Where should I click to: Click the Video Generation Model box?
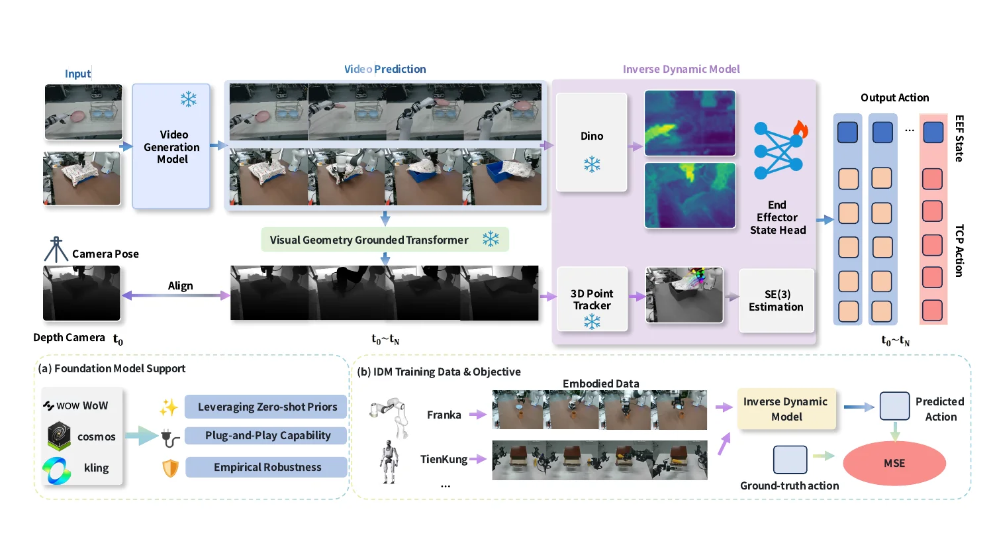[171, 146]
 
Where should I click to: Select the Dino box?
[592, 142]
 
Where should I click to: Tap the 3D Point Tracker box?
[592, 299]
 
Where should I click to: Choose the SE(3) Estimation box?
[776, 301]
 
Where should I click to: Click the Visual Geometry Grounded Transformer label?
[369, 240]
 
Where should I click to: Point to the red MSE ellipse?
[894, 463]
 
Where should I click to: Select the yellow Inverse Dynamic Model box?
[786, 409]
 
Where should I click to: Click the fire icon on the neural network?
[800, 128]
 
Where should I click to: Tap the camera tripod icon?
[56, 250]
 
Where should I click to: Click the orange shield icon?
[171, 468]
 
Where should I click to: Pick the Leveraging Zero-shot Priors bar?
[266, 407]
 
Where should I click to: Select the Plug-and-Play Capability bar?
[267, 435]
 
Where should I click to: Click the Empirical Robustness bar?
[267, 467]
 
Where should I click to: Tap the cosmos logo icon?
[60, 436]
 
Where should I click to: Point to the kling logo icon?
[57, 470]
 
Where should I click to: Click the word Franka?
[444, 415]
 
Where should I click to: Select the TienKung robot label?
[444, 459]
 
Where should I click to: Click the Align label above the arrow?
[180, 285]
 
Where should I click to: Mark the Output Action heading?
[894, 97]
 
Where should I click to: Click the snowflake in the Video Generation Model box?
[189, 99]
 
